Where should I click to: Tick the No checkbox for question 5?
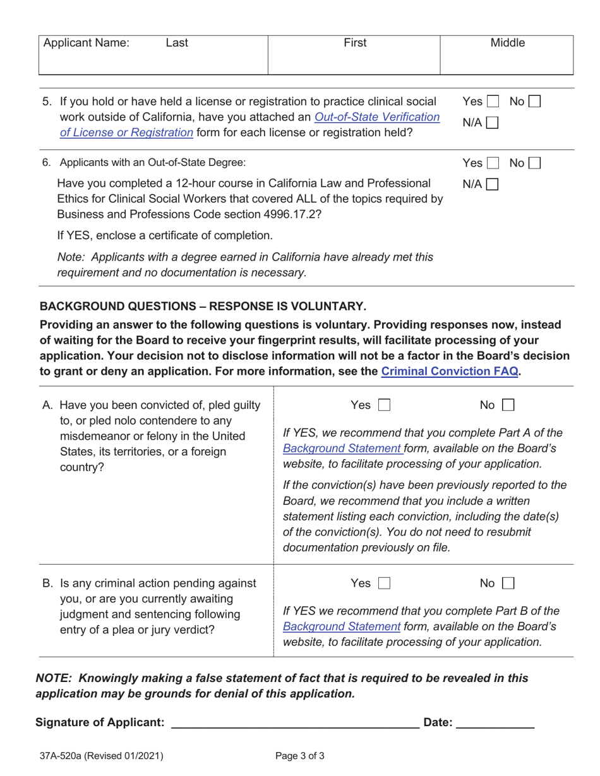click(534, 101)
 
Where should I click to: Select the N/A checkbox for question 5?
click(492, 123)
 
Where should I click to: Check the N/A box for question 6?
click(492, 185)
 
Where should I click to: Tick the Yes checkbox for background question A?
click(384, 405)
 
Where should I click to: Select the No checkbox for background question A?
click(508, 405)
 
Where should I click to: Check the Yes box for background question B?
click(384, 584)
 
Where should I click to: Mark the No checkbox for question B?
click(508, 584)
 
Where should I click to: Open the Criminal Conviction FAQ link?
click(450, 371)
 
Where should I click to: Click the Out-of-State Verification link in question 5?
click(376, 117)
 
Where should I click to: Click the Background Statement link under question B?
click(342, 626)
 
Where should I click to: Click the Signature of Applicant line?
click(295, 722)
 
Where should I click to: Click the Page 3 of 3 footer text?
click(300, 756)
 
